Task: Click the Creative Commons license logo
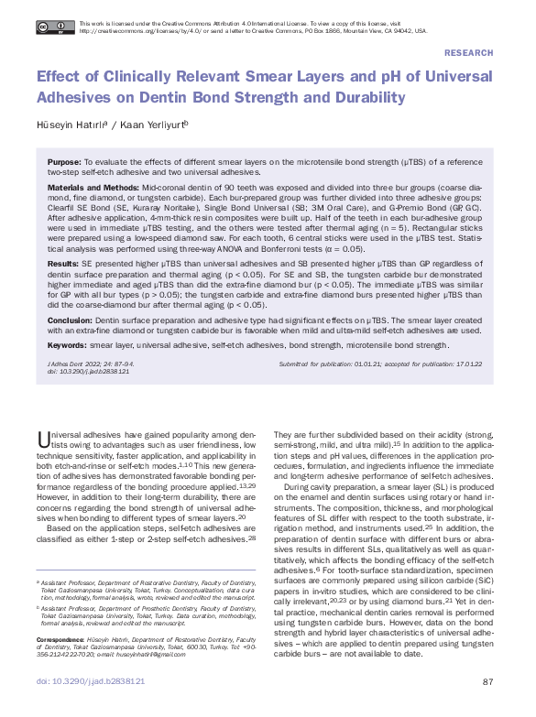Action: click(56, 27)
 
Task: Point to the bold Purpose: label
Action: click(64, 161)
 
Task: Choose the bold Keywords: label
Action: click(67, 347)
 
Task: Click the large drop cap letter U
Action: click(43, 438)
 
